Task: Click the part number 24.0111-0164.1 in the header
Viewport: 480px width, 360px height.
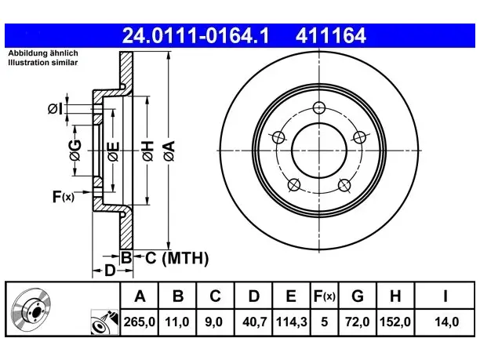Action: tap(195, 35)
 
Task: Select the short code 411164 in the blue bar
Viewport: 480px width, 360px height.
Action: tap(331, 35)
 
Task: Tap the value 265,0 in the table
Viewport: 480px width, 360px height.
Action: tap(140, 322)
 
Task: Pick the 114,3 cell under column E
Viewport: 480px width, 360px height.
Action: tap(292, 322)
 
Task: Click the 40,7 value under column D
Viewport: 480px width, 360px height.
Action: tap(254, 322)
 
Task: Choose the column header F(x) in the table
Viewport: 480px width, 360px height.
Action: tap(325, 296)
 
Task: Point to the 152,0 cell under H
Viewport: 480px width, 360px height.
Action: tap(395, 322)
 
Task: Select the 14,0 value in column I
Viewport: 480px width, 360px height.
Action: tap(446, 322)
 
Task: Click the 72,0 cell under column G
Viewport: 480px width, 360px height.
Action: tap(358, 322)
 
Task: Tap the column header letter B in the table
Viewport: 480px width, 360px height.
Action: tap(178, 296)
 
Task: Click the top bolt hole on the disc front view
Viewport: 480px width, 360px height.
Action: tap(319, 107)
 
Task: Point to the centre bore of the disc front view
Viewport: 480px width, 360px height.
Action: tap(319, 151)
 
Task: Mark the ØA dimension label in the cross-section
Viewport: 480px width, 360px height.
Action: tap(169, 151)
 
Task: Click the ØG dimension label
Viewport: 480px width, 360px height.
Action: tap(75, 150)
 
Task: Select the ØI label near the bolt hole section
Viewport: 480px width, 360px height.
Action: tap(55, 109)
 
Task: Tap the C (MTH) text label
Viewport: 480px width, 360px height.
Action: tap(176, 258)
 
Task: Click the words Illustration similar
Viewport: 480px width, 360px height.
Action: tap(43, 63)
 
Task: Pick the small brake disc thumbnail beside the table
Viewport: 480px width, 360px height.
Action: tap(31, 309)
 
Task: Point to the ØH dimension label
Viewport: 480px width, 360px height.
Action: tap(147, 151)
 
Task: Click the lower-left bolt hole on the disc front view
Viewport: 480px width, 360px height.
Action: tap(294, 185)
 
